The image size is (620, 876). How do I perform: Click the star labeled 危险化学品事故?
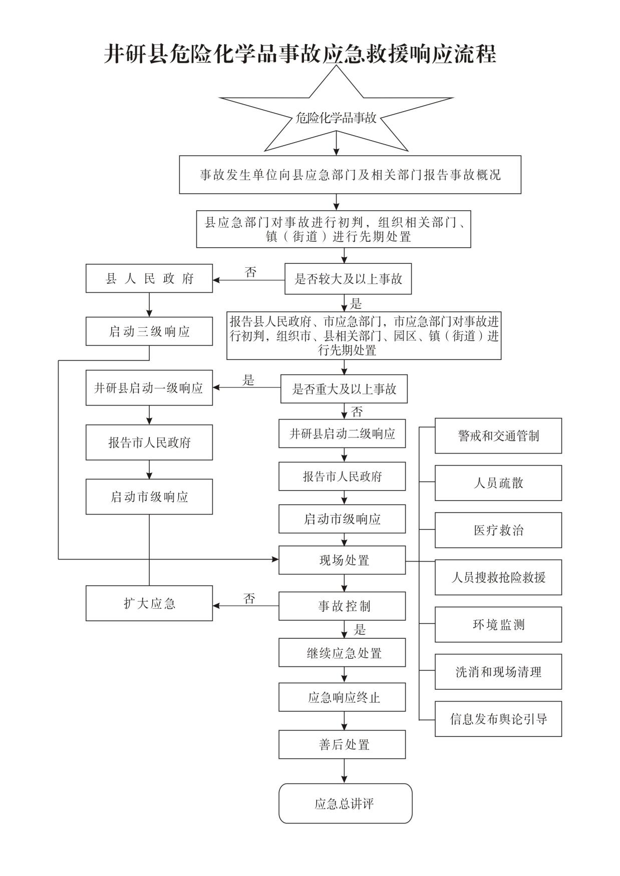point(336,118)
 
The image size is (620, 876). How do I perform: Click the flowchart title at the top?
point(300,54)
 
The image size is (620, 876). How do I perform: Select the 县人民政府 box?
point(149,278)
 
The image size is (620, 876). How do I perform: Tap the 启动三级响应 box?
point(149,331)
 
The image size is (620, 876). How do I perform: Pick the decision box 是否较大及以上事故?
point(348,279)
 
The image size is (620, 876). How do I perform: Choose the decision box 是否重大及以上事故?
point(344,389)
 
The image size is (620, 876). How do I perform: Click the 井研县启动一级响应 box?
point(149,388)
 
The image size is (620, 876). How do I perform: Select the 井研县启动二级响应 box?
point(342,433)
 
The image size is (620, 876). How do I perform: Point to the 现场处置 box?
point(342,560)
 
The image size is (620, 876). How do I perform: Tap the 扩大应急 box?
point(149,603)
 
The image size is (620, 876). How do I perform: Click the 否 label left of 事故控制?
point(249,598)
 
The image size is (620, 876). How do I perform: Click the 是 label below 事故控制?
point(360,629)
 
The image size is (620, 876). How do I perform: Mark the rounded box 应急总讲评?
point(345,803)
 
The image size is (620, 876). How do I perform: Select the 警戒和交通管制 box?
point(498,436)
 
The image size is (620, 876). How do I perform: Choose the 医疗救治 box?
point(498,530)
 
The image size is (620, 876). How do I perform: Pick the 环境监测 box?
point(498,625)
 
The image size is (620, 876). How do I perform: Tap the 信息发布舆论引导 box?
point(498,719)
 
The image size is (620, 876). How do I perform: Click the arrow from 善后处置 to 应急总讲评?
point(345,771)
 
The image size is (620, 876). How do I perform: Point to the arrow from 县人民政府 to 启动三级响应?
point(149,304)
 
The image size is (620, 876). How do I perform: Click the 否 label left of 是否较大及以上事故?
point(251,272)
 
